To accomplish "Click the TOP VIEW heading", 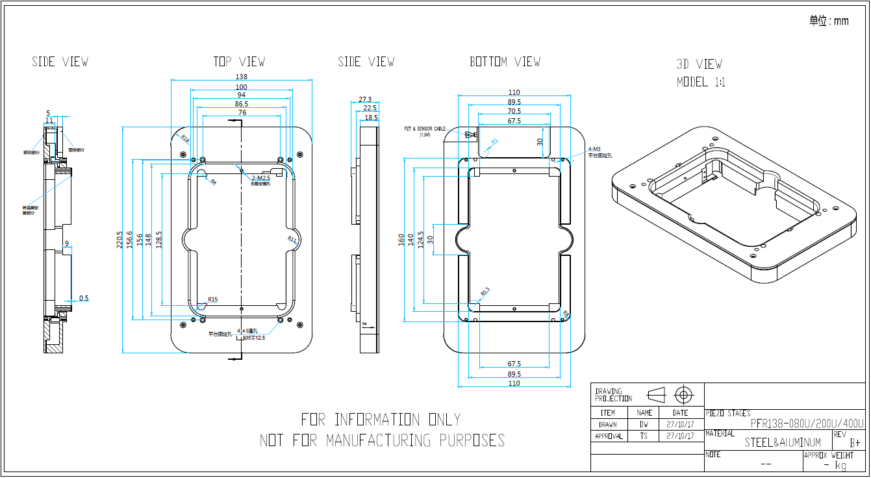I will pos(239,62).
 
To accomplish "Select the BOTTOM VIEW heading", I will pos(505,62).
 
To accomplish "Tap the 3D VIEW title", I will pos(699,64).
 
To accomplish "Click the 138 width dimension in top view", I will pos(242,77).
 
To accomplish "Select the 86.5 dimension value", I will pos(242,104).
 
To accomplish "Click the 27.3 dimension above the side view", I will pos(365,100).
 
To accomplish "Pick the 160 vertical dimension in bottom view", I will pos(401,240).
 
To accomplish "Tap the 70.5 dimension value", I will pos(514,110).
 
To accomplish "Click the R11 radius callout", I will pos(292,240).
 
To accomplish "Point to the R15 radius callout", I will pos(212,299).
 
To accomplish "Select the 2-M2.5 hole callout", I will pos(260,178).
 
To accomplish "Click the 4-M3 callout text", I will pos(596,149).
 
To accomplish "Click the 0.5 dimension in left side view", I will pos(84,298).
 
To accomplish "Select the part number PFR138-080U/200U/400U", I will pos(807,423).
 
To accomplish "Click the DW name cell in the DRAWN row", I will pos(644,424).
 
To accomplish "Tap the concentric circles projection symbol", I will pos(682,394).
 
